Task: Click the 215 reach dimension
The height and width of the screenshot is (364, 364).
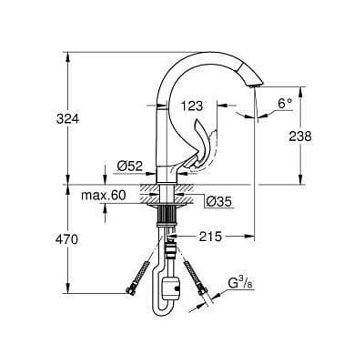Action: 210,237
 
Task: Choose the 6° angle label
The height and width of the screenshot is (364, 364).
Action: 284,104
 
